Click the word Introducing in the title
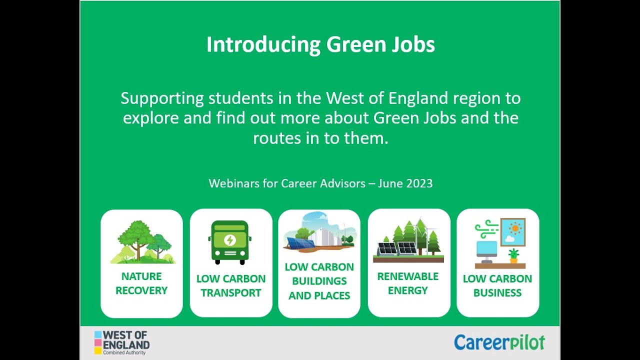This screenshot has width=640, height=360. pyautogui.click(x=263, y=45)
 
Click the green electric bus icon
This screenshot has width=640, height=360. pyautogui.click(x=229, y=242)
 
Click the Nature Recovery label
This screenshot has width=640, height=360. pyautogui.click(x=141, y=283)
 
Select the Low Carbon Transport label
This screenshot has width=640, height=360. pyautogui.click(x=231, y=285)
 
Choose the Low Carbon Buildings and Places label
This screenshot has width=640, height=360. pyautogui.click(x=319, y=281)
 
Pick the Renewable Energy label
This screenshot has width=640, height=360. pyautogui.click(x=408, y=283)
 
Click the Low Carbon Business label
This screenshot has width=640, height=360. pyautogui.click(x=497, y=285)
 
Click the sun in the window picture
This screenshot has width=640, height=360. pyautogui.click(x=515, y=228)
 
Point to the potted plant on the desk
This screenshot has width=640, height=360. pyautogui.click(x=513, y=255)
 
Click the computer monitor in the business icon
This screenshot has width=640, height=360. pyautogui.click(x=486, y=248)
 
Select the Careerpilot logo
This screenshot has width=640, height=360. pyautogui.click(x=499, y=342)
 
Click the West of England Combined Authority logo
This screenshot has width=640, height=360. pyautogui.click(x=122, y=342)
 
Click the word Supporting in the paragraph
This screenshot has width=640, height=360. pyautogui.click(x=162, y=98)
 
